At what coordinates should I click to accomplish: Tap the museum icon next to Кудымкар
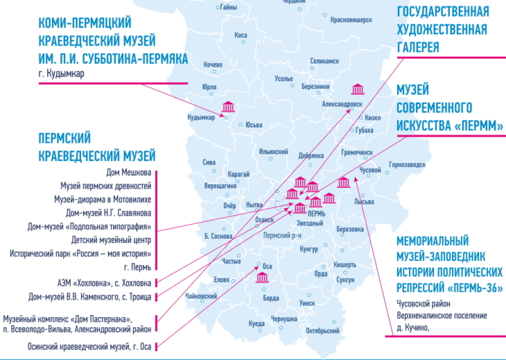pyautogui.click(x=227, y=107)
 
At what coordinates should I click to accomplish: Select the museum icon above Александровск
pyautogui.click(x=358, y=89)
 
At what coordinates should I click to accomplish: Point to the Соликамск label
pyautogui.click(x=324, y=62)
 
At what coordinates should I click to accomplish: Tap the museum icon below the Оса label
pyautogui.click(x=262, y=277)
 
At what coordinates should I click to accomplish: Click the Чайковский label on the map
pyautogui.click(x=202, y=296)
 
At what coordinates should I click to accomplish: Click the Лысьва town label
pyautogui.click(x=364, y=202)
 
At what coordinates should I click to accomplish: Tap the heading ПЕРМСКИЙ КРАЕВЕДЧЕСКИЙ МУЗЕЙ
pyautogui.click(x=96, y=146)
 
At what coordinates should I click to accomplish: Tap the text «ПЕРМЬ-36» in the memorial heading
pyautogui.click(x=478, y=287)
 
